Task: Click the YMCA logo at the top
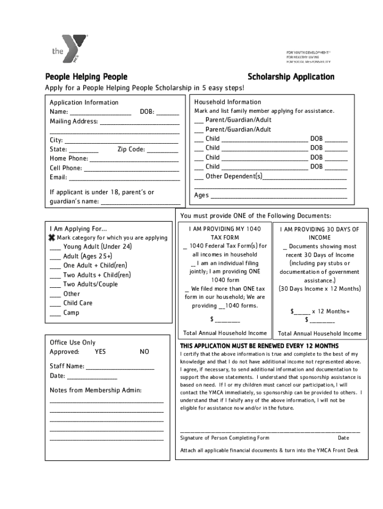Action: (x=70, y=49)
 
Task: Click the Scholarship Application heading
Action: (x=291, y=77)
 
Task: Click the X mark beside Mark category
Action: (x=52, y=238)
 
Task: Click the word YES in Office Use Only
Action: (x=100, y=351)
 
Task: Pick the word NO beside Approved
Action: (x=144, y=351)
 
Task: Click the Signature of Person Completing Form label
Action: (x=224, y=438)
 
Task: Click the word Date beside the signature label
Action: (x=343, y=438)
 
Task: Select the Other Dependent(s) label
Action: (x=234, y=176)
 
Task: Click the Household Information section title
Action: (x=227, y=102)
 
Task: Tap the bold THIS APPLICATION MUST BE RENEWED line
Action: (x=259, y=345)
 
